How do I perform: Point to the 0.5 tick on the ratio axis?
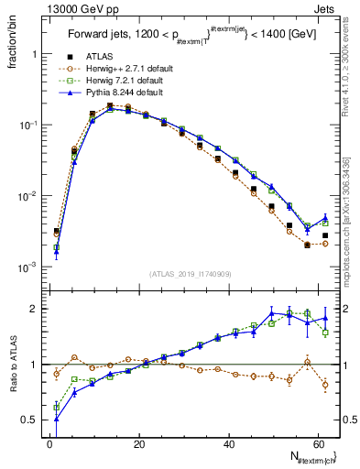coord(30,420)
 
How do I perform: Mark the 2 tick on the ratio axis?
coord(34,309)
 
